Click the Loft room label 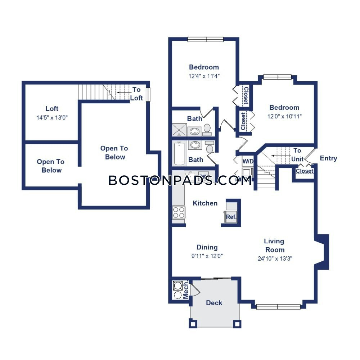pos(52,108)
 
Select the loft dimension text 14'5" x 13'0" pos(52,118)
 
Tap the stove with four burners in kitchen pos(179,212)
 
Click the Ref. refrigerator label pos(231,217)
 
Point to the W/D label pos(248,161)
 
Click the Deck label pos(214,303)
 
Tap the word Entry pos(328,158)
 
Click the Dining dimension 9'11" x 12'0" pos(207,256)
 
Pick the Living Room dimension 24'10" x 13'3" pos(275,258)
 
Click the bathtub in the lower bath pos(179,154)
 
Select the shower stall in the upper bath pos(179,130)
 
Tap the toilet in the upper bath pos(207,130)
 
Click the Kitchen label pos(205,203)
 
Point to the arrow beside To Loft pos(124,93)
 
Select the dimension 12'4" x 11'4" pos(204,76)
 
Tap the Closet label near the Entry pos(305,171)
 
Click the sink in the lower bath pos(195,145)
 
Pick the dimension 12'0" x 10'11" pos(284,116)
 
